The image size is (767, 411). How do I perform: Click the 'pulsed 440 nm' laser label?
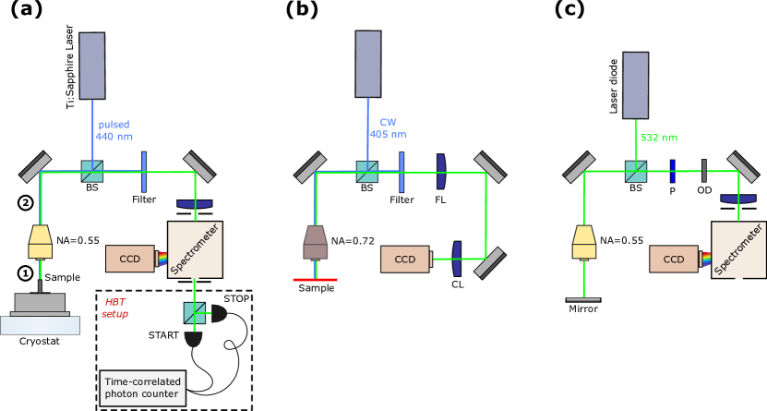114,130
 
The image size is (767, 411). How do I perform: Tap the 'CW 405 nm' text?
388,128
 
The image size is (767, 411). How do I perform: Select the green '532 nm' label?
658,138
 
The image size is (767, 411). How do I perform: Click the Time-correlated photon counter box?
142,388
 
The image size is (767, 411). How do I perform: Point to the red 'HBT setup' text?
115,308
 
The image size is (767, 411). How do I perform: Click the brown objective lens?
316,242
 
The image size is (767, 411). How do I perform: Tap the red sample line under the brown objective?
315,279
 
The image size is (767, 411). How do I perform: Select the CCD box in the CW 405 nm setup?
405,260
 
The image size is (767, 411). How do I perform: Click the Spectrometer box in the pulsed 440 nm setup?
195,249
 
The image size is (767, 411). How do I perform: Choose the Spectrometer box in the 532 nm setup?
738,249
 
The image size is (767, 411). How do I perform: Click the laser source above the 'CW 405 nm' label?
368,64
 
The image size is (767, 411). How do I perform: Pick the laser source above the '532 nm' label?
635,85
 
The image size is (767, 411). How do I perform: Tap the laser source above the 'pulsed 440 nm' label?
91,66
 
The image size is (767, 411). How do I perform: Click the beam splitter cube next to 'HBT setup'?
195,313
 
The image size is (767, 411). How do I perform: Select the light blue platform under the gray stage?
40,325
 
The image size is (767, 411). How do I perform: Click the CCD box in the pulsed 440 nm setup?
130,259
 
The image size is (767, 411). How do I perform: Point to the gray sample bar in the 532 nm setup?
583,299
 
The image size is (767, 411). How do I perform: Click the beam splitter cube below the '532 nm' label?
636,171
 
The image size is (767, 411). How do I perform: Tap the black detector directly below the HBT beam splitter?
193,339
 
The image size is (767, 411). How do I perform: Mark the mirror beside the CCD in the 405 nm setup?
490,261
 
